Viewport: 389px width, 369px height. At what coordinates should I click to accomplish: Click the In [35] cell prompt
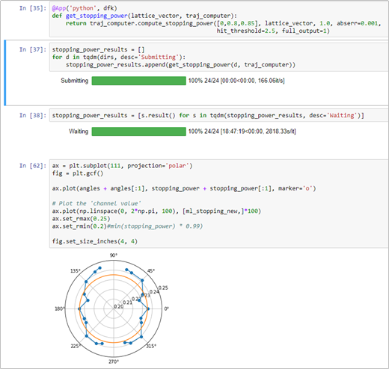(33, 8)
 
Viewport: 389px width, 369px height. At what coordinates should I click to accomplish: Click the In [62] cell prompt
(33, 166)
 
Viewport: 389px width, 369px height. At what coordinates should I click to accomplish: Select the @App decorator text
(59, 8)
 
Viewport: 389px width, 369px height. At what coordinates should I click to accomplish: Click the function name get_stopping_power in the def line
(97, 16)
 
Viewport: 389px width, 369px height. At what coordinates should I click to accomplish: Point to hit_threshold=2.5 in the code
(247, 31)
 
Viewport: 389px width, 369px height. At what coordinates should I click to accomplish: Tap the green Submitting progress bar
(139, 81)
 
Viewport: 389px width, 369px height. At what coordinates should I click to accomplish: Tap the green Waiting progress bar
(139, 131)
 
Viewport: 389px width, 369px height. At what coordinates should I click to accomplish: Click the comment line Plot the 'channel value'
(97, 203)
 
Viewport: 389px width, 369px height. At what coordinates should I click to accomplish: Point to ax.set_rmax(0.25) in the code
(81, 219)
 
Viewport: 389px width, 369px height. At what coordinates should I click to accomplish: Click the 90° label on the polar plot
(114, 255)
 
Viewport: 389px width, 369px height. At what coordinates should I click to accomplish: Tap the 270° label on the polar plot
(114, 362)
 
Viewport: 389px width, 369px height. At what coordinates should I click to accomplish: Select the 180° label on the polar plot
(59, 308)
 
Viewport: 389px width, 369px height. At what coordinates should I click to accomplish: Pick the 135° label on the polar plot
(76, 270)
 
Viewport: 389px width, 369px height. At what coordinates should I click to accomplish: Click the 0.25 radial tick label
(163, 288)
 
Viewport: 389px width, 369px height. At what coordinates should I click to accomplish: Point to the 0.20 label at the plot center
(119, 306)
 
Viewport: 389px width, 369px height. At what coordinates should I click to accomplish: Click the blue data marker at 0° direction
(148, 308)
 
